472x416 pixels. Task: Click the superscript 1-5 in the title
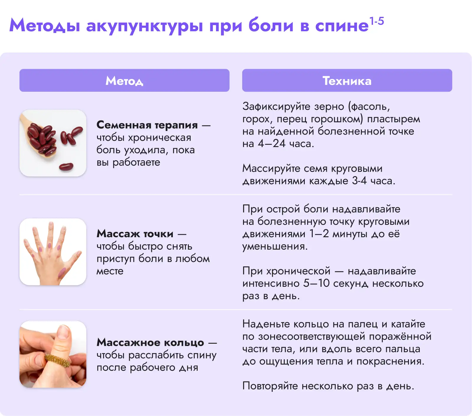(377, 21)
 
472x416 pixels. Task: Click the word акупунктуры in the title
(145, 26)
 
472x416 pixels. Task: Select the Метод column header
(124, 80)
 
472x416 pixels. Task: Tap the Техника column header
(347, 80)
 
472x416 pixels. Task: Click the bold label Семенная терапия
(147, 125)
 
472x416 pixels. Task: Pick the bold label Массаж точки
(135, 234)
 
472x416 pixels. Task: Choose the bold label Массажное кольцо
(150, 342)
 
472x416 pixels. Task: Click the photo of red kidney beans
(53, 143)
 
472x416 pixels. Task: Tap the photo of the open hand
(53, 252)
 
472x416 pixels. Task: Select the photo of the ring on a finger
(53, 354)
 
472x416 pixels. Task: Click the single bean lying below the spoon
(66, 167)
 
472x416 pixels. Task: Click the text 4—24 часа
(286, 144)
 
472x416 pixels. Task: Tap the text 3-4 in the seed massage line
(359, 181)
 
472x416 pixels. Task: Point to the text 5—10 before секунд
(317, 283)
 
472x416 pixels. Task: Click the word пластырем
(394, 119)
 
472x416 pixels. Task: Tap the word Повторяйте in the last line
(270, 386)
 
